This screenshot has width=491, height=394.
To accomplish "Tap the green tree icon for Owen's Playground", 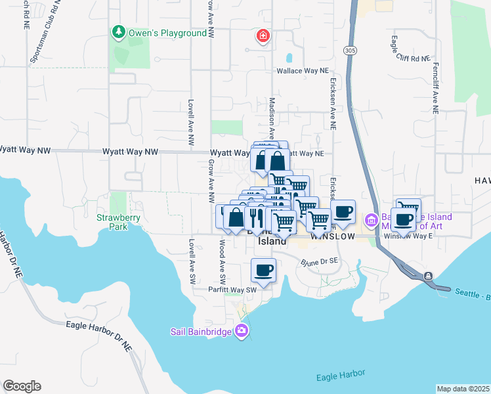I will [118, 32].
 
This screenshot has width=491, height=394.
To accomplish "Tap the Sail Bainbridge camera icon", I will [242, 330].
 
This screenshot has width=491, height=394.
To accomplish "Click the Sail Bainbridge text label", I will [201, 332].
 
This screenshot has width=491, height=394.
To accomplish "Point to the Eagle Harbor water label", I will [340, 376].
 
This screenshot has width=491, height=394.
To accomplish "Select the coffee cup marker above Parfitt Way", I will [264, 270].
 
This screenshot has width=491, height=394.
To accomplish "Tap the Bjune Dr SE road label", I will [318, 261].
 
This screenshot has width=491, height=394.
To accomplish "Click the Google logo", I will [22, 386].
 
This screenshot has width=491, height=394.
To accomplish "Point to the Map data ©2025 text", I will [463, 389].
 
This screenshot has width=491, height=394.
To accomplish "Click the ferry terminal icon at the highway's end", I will [428, 276].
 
